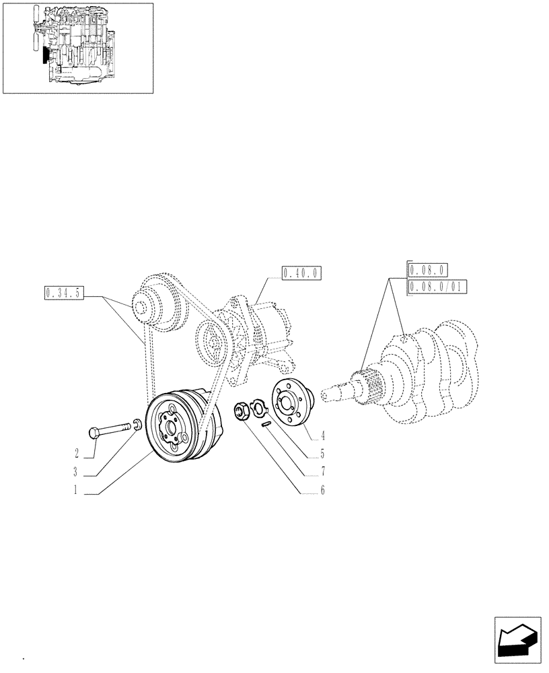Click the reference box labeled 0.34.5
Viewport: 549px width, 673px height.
click(x=63, y=293)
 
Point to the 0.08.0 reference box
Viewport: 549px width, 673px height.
click(x=427, y=271)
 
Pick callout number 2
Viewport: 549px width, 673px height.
click(x=77, y=452)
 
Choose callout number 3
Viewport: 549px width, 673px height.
click(x=77, y=472)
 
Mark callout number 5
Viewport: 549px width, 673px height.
click(x=323, y=454)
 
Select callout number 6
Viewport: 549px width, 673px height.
click(x=323, y=491)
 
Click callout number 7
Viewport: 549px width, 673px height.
click(x=323, y=472)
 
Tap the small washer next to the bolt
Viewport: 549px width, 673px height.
click(x=137, y=424)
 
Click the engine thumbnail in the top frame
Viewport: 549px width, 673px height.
click(x=78, y=47)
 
